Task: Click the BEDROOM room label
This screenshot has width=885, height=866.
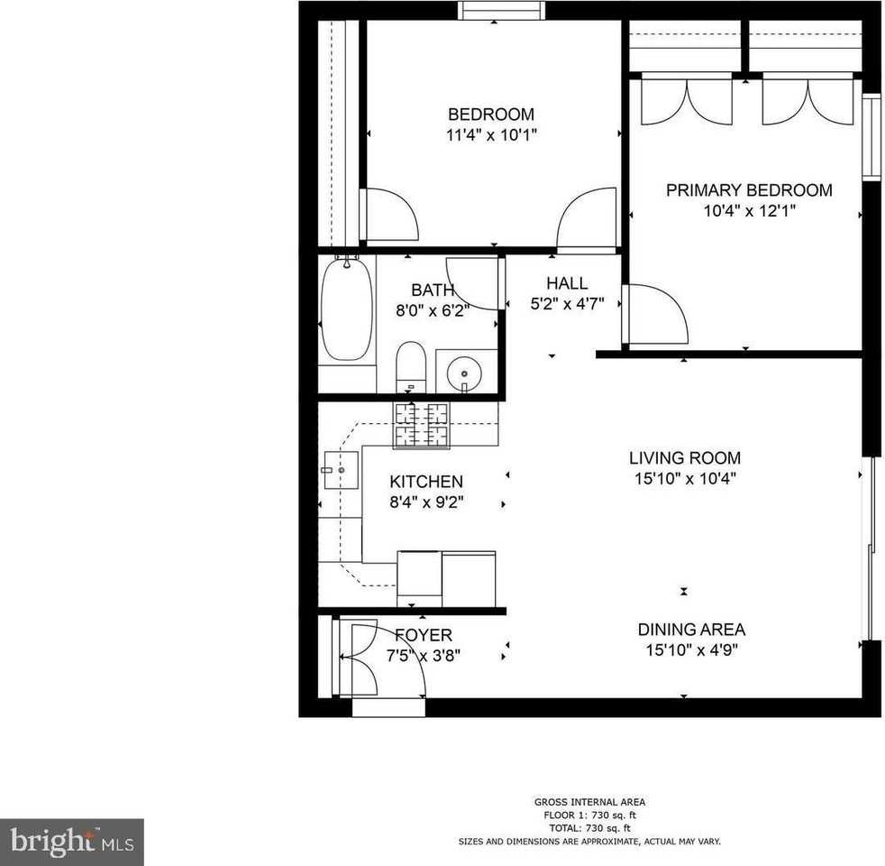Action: pyautogui.click(x=491, y=115)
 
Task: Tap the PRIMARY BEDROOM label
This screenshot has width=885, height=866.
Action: pyautogui.click(x=749, y=190)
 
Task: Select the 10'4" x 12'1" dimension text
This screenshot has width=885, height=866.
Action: pyautogui.click(x=749, y=211)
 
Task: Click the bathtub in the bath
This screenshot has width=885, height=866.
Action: pyautogui.click(x=346, y=309)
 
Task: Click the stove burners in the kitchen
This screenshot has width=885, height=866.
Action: pyautogui.click(x=421, y=425)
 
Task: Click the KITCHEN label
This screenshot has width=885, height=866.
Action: pyautogui.click(x=426, y=483)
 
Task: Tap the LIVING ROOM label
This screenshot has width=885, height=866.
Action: pyautogui.click(x=685, y=458)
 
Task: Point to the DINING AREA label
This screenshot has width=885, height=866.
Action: pyautogui.click(x=691, y=630)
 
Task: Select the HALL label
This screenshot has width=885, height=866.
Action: pyautogui.click(x=566, y=283)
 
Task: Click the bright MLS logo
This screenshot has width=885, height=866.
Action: pyautogui.click(x=72, y=843)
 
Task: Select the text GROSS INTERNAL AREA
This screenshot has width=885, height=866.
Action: pyautogui.click(x=589, y=802)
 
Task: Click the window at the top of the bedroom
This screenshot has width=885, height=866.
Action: pyautogui.click(x=501, y=10)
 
